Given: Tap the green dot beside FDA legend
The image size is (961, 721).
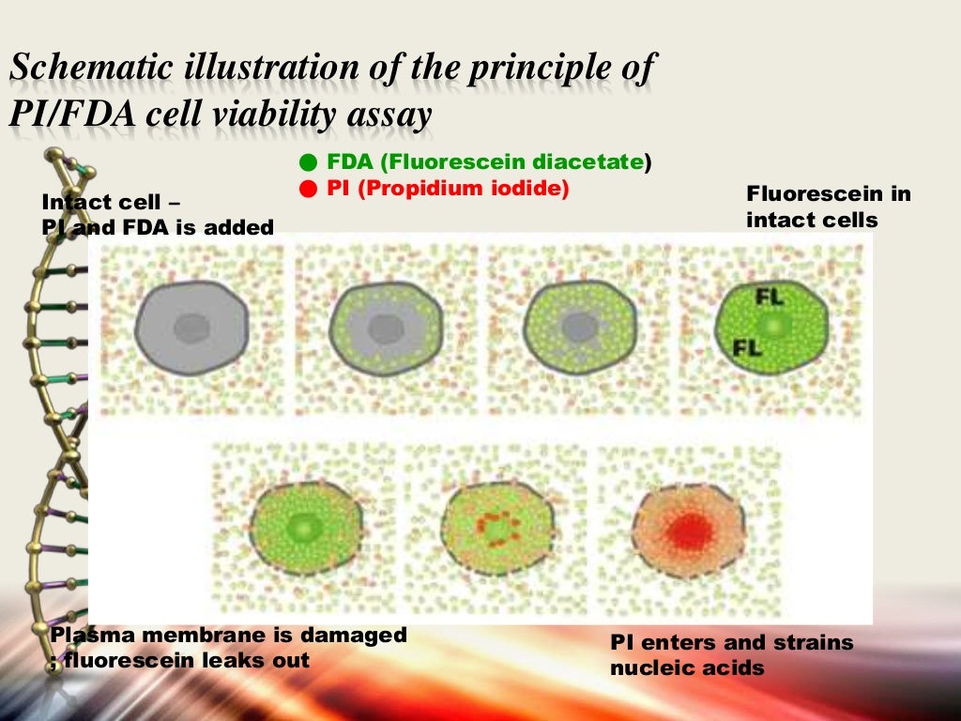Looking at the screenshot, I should click(x=306, y=162).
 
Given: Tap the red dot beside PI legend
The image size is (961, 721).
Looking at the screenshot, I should click(x=306, y=189).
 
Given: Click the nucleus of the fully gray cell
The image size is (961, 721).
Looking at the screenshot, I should click(x=191, y=329).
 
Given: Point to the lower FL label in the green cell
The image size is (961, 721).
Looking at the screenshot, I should click(x=747, y=348).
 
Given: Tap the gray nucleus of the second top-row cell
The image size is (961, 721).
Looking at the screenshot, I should click(x=385, y=329).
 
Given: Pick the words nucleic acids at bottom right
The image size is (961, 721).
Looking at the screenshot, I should click(x=687, y=668).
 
